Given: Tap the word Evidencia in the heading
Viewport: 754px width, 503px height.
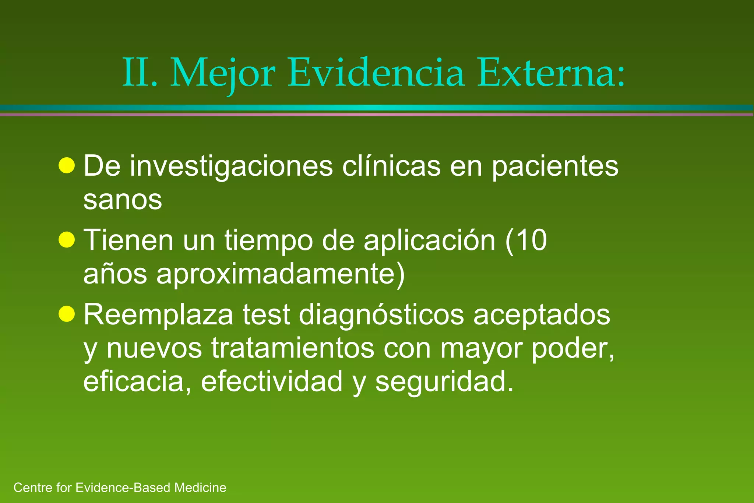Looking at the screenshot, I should click(376, 73).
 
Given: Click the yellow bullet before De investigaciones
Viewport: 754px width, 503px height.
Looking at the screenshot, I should click(67, 166).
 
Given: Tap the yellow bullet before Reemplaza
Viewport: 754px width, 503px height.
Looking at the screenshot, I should click(67, 314).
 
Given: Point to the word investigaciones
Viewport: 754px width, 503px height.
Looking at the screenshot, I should click(231, 166).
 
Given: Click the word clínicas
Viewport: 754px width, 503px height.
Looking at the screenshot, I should click(391, 166).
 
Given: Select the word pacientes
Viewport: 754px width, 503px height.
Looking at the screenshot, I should click(555, 166).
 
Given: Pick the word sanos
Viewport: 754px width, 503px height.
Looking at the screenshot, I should click(123, 200).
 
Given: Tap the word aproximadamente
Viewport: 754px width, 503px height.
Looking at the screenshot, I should click(276, 274).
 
